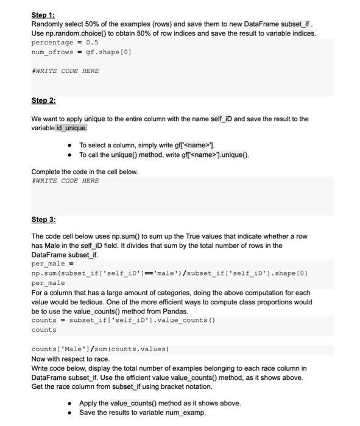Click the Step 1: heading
pyautogui.click(x=43, y=15)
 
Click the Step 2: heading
pyautogui.click(x=43, y=100)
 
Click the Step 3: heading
pyautogui.click(x=43, y=219)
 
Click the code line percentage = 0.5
pyautogui.click(x=65, y=43)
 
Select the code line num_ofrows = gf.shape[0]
pyautogui.click(x=81, y=52)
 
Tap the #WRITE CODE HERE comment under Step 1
pyautogui.click(x=65, y=71)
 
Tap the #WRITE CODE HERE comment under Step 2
pyautogui.click(x=65, y=181)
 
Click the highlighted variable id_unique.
pyautogui.click(x=71, y=128)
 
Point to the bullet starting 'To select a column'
pyautogui.click(x=147, y=145)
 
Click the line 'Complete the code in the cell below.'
pyautogui.click(x=85, y=172)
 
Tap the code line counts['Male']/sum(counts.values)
pyautogui.click(x=100, y=349)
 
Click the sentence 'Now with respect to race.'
pyautogui.click(x=70, y=359)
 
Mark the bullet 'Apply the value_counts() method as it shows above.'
pyautogui.click(x=160, y=403)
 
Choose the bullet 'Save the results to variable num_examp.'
pyautogui.click(x=143, y=413)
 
